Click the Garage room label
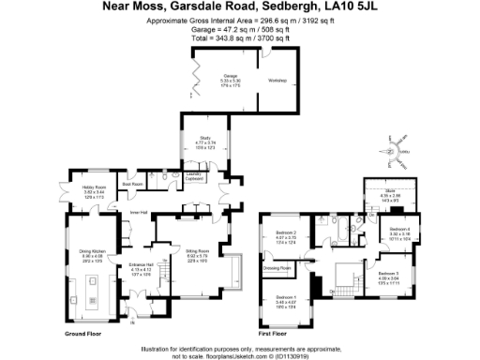click(x=230, y=76)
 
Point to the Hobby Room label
click(x=80, y=187)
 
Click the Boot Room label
click(x=132, y=185)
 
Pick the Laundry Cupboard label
click(x=194, y=175)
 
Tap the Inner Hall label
click(x=139, y=212)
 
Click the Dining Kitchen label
click(x=90, y=251)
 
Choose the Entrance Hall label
click(x=140, y=265)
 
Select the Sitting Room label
click(x=196, y=251)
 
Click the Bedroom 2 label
click(x=286, y=232)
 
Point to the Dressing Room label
click(x=277, y=268)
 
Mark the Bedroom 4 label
click(x=399, y=229)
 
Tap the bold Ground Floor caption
click(x=82, y=333)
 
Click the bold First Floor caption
click(x=274, y=333)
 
